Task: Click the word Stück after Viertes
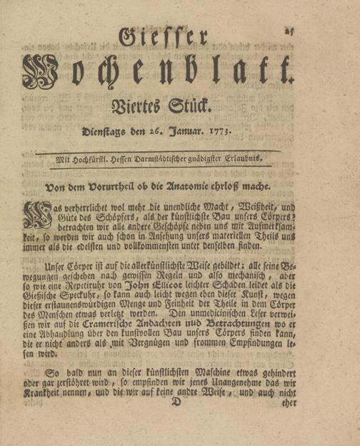(191, 109)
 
